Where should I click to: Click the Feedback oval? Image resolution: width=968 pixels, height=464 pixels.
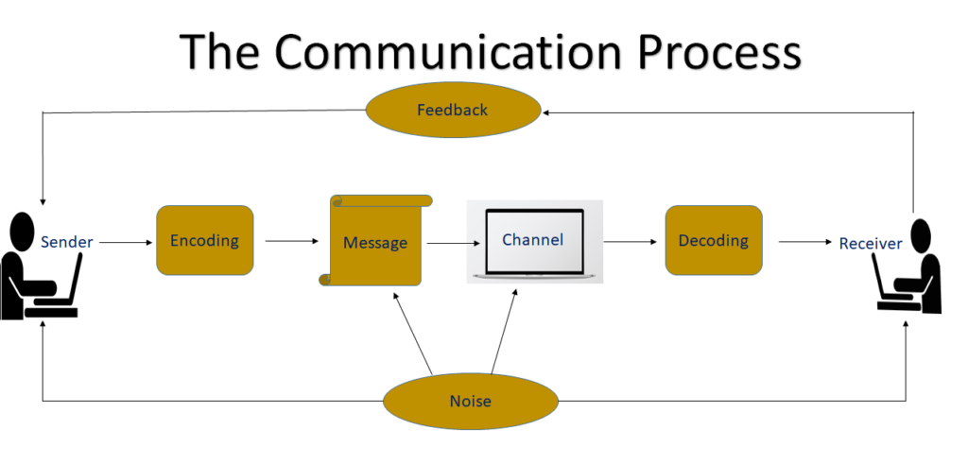coord(452,111)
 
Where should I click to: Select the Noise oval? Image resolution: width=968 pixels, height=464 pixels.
coord(470,401)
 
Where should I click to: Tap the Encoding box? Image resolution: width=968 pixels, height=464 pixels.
coord(204,240)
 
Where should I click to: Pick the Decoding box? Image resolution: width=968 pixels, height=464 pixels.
coord(714,240)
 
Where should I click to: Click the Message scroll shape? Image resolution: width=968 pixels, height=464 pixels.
coord(375,242)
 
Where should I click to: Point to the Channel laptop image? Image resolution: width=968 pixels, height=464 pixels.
coord(535,241)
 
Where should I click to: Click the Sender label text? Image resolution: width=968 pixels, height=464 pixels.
coord(67,242)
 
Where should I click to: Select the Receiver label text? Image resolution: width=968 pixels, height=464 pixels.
coord(871,244)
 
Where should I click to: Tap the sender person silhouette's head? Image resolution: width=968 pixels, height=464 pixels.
coord(20,228)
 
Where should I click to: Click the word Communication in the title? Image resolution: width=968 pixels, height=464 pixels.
coord(453,51)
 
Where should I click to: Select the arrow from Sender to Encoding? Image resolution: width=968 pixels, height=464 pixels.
coord(125,242)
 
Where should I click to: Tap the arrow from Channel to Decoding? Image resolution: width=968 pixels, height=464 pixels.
coord(631,242)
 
